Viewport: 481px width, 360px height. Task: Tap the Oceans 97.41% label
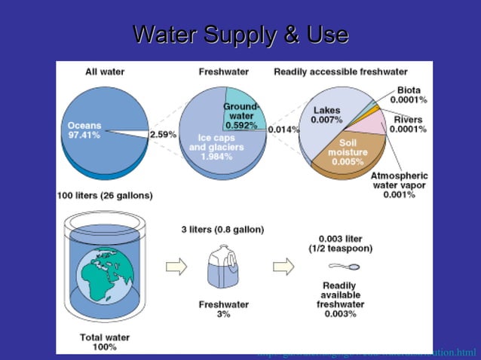click(84, 130)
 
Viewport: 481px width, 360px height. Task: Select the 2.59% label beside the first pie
click(164, 134)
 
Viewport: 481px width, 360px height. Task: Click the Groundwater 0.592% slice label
click(241, 116)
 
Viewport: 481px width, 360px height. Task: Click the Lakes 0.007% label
click(326, 115)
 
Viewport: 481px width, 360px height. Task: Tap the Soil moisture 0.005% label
click(348, 151)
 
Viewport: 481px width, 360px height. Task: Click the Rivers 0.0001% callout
click(408, 124)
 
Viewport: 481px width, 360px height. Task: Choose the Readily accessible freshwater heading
click(340, 72)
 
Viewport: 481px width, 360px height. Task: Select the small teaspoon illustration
click(345, 267)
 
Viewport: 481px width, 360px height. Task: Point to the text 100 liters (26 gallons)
click(105, 195)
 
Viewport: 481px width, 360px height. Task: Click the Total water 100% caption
click(99, 343)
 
